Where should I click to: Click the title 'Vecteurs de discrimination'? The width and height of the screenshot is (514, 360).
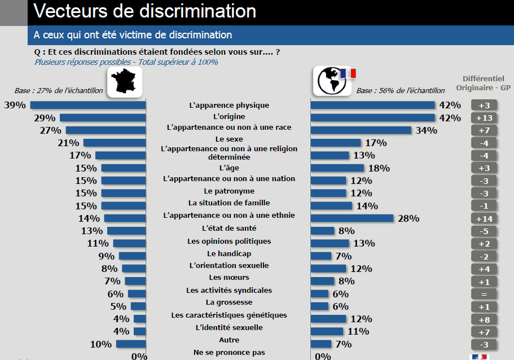tap(144, 11)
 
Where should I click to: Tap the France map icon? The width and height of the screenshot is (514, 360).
tap(124, 82)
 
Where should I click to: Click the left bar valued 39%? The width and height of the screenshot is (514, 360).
tap(87, 105)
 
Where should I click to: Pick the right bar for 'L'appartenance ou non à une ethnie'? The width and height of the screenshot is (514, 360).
tap(352, 218)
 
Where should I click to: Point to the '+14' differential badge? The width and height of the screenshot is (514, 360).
tap(484, 218)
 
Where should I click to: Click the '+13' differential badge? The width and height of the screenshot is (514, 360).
tap(484, 118)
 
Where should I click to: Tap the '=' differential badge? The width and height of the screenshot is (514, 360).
tap(484, 294)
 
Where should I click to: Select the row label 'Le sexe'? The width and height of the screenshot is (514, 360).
tap(229, 139)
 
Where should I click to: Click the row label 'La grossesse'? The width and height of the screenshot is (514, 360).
tap(229, 302)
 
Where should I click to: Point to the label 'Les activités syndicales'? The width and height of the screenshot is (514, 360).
tap(229, 290)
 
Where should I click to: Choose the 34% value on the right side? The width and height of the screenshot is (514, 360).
tap(426, 131)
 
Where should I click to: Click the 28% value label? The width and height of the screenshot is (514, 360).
tap(408, 219)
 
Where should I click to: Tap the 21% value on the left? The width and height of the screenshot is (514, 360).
tap(68, 143)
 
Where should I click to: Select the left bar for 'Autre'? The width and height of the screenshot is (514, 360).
tap(131, 344)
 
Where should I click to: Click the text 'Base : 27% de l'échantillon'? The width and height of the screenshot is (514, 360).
tap(59, 90)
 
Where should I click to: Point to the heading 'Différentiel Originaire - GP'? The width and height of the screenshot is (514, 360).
tap(483, 84)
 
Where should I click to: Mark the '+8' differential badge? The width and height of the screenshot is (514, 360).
tap(484, 319)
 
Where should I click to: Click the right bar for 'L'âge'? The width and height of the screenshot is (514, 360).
tap(337, 168)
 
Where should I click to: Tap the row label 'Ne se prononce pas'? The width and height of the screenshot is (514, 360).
tap(229, 352)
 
